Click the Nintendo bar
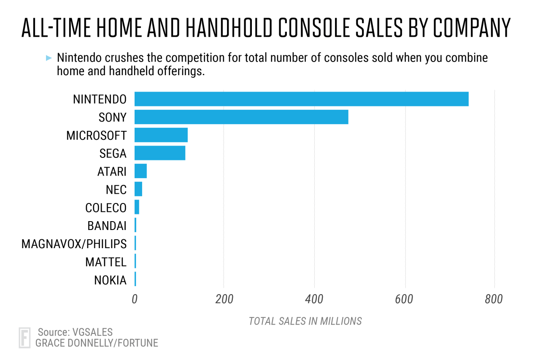[x=301, y=99]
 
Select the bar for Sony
[x=241, y=117]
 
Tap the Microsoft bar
[x=161, y=135]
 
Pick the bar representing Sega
[x=159, y=153]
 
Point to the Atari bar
[x=140, y=171]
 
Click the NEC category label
[x=116, y=189]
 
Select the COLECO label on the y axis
[x=105, y=208]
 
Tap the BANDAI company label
[x=107, y=226]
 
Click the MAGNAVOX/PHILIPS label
[x=74, y=244]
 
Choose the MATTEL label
[x=105, y=262]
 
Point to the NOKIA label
[x=110, y=280]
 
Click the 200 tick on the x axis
[x=224, y=299]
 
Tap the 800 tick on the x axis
[x=494, y=299]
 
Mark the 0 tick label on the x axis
[x=135, y=299]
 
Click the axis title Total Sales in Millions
[x=305, y=321]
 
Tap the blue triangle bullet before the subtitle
[x=49, y=57]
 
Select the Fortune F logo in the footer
[x=25, y=338]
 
